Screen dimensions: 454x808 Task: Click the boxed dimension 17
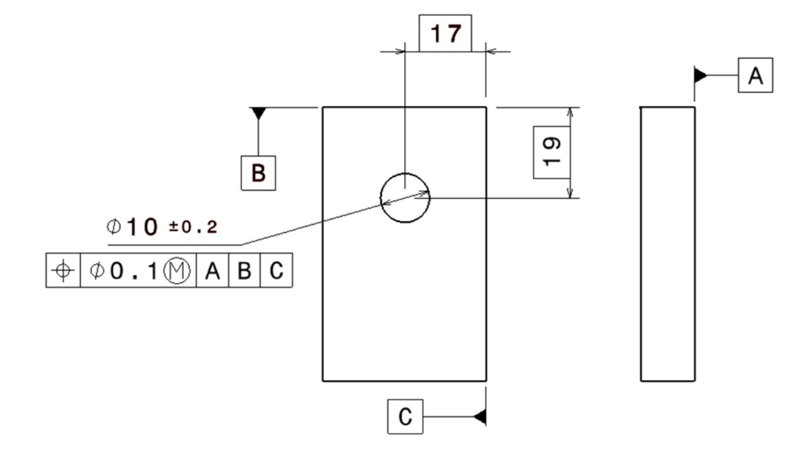click(445, 33)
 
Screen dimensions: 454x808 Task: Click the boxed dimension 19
click(552, 152)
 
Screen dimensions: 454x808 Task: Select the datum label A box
click(755, 76)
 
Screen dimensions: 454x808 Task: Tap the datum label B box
click(259, 172)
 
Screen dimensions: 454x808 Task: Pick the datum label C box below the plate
click(405, 416)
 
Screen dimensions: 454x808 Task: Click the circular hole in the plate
click(405, 197)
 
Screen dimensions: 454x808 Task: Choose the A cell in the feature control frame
click(212, 271)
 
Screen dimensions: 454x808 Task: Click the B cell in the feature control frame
click(244, 271)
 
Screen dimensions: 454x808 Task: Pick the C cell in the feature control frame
click(276, 271)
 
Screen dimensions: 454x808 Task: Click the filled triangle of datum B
click(258, 113)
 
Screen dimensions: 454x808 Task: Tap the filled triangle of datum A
click(700, 76)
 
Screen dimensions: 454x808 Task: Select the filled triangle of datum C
click(480, 417)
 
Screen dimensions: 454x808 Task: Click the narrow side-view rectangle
click(668, 244)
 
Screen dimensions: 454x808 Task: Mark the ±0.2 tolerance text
click(193, 228)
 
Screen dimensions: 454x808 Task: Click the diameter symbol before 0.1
click(97, 271)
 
